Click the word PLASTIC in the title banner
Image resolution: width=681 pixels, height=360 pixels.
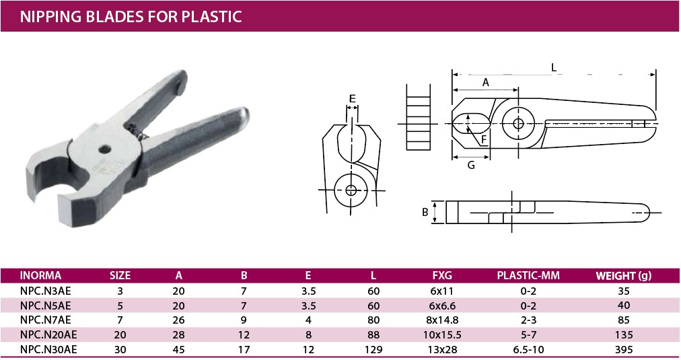click(211, 17)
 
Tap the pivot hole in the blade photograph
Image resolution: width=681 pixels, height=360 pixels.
click(104, 150)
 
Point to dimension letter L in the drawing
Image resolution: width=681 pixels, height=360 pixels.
click(553, 67)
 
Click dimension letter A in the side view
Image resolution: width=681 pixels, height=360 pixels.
click(486, 82)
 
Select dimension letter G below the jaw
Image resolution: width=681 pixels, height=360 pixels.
click(471, 165)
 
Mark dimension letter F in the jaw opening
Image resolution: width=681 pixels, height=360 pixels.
click(484, 140)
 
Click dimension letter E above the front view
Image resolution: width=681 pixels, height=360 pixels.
click(352, 98)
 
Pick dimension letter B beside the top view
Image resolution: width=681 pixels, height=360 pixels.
click(425, 212)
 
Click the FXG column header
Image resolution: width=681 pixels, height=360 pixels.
click(442, 275)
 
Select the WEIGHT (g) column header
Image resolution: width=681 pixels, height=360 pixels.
click(623, 275)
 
